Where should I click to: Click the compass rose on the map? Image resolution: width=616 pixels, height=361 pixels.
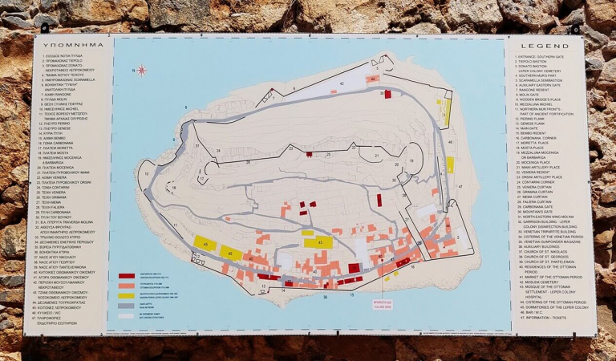click(142, 70)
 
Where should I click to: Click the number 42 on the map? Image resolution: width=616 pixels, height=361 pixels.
click(341, 83)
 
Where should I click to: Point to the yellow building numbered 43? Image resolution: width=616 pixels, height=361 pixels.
click(318, 242)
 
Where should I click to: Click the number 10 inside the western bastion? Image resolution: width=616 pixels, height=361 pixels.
click(147, 172)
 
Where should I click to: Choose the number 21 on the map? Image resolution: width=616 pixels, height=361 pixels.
click(376, 155)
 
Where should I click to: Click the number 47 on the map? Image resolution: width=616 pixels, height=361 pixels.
click(460, 186)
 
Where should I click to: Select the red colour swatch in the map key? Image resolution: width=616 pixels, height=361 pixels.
click(127, 276)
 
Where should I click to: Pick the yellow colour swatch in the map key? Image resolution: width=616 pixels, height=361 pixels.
click(127, 295)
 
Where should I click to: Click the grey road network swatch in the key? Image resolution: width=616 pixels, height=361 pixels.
click(127, 305)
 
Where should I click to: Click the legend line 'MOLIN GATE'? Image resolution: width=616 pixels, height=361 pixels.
click(529, 94)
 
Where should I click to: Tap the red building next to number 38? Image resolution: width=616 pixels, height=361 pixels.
click(353, 268)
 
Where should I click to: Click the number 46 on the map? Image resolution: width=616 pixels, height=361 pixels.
click(450, 141)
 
